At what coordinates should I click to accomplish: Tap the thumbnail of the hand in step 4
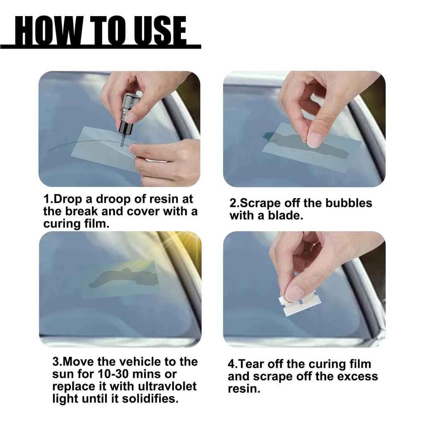tap(295, 293)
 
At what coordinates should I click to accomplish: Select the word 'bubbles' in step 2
tap(349, 203)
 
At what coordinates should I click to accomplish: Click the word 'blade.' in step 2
tap(286, 216)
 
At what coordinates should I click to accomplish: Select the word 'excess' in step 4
tap(356, 377)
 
